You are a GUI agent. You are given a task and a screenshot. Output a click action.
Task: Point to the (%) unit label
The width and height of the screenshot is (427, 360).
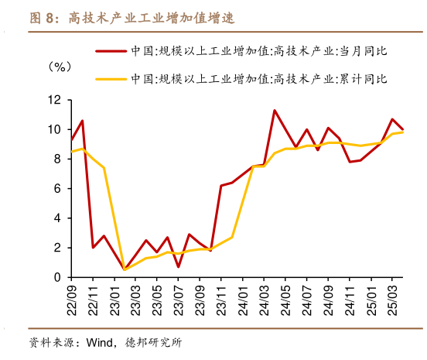60,67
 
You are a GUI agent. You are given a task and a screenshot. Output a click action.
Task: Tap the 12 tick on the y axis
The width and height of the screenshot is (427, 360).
54,100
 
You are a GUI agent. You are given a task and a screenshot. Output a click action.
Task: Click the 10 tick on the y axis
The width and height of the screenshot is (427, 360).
54,129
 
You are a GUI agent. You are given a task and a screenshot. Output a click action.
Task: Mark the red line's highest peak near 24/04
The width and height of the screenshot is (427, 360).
275,110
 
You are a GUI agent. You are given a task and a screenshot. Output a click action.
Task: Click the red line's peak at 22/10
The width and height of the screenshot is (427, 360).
82,120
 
